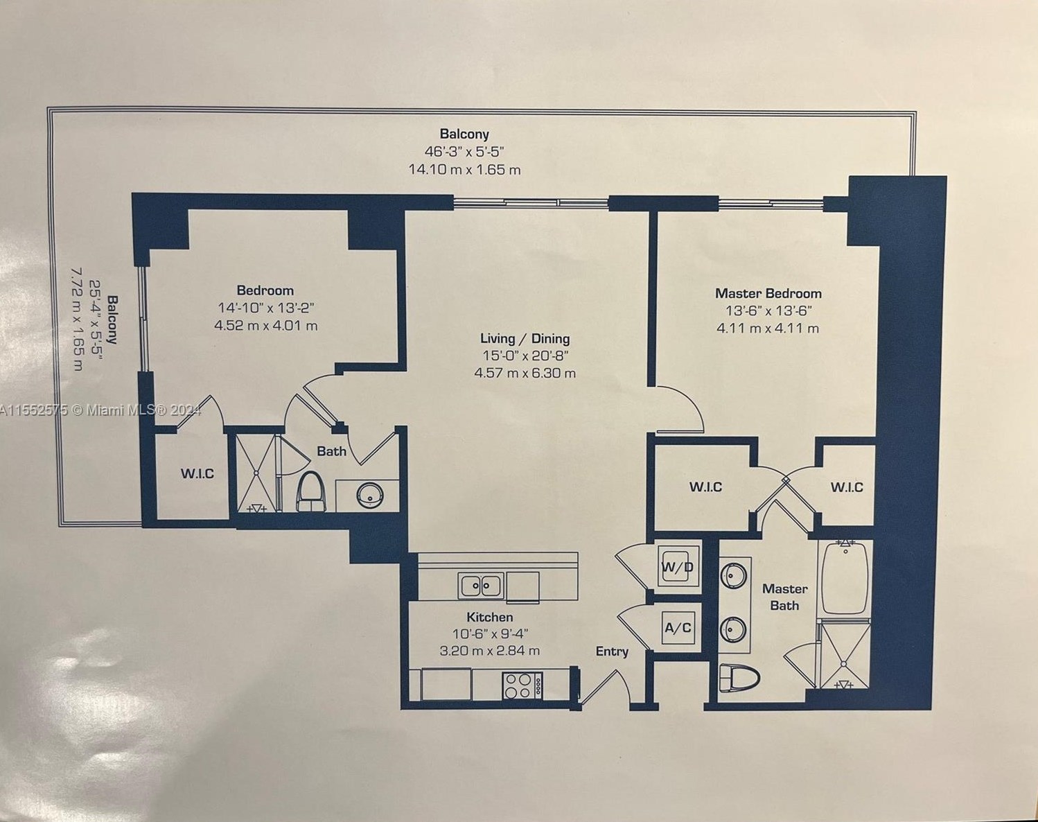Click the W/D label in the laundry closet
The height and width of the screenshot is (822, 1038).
tap(677, 567)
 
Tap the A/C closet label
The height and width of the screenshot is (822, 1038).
tap(678, 628)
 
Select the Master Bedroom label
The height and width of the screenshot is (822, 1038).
tap(768, 293)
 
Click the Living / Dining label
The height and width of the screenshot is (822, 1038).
tap(525, 339)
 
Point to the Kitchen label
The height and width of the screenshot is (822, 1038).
tap(489, 617)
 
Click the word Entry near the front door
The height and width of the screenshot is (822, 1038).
tap(612, 652)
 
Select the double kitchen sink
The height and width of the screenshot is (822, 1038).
tap(480, 586)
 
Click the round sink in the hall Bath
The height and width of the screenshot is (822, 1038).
tap(369, 495)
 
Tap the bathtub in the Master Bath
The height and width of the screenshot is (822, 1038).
tap(845, 578)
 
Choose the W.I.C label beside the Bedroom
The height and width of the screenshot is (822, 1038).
tap(197, 474)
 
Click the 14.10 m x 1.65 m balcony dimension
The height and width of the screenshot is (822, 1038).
tap(464, 169)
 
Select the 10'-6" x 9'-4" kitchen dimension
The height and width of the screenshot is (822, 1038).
tap(489, 633)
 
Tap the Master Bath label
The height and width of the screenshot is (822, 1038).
tap(784, 597)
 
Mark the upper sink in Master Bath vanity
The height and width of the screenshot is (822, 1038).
tap(733, 575)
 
